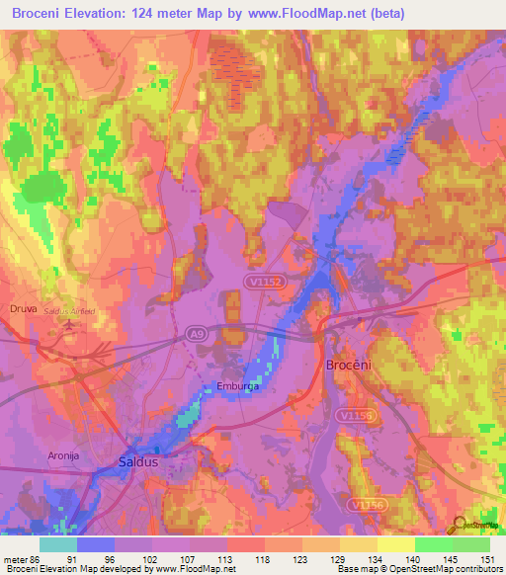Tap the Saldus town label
click(x=138, y=461)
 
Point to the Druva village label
click(x=22, y=308)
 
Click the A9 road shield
click(x=196, y=335)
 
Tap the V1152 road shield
click(x=264, y=283)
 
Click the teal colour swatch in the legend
click(x=58, y=544)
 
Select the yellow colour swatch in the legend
click(x=395, y=544)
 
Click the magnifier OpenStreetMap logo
click(x=460, y=523)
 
